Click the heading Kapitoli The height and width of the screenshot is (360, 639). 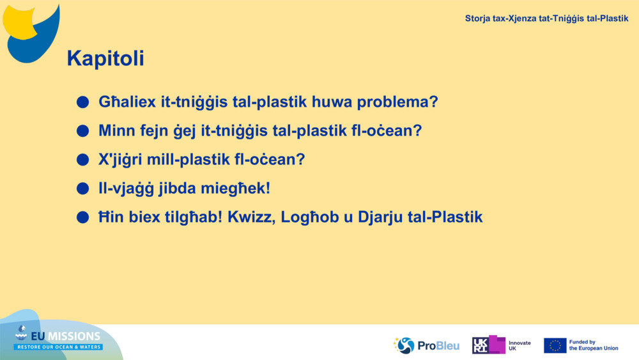coord(105,58)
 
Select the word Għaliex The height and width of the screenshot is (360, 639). coord(127,102)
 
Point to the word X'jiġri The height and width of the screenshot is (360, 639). coord(120,160)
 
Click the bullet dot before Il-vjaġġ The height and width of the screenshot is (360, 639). coord(82,189)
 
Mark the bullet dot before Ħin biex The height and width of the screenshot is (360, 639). coord(82,217)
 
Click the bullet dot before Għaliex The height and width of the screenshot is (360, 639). coord(82,102)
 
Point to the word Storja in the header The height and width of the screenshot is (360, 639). coord(477,19)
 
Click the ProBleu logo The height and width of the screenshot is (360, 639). coord(426,345)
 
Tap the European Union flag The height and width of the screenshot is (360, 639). coord(555,345)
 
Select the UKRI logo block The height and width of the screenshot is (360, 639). coord(489,345)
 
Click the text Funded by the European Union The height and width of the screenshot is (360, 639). coord(594,345)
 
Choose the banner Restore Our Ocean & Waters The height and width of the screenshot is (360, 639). coord(58,347)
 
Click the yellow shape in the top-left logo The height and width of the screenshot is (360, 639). coord(19,23)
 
